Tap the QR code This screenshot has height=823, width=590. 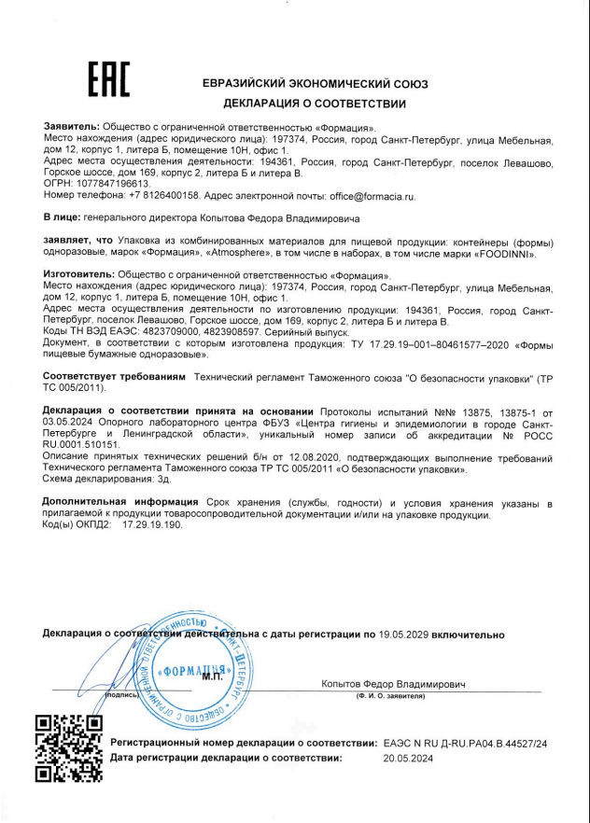(x=67, y=747)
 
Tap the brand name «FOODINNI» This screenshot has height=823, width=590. (x=509, y=253)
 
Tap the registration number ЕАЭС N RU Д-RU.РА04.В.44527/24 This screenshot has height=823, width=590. (x=465, y=743)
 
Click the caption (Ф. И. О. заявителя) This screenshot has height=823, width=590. (x=391, y=696)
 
